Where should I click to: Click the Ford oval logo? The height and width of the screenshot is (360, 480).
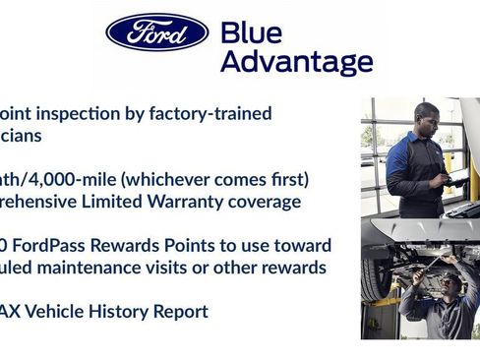(157, 32)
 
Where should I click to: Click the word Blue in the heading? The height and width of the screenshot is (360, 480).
(251, 32)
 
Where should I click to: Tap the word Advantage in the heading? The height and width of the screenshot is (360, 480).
(296, 63)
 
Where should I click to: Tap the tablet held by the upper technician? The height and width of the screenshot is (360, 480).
(445, 176)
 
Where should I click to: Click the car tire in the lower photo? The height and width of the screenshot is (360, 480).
(374, 279)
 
